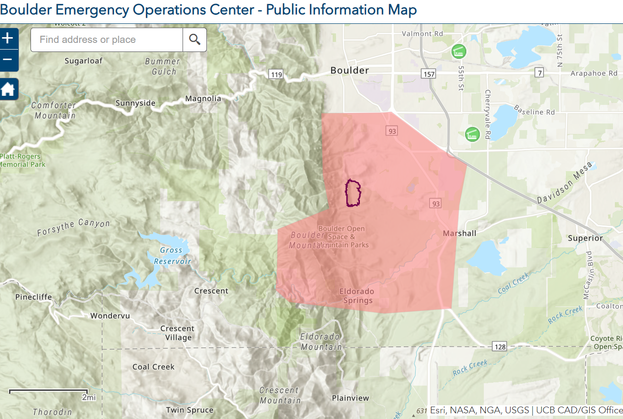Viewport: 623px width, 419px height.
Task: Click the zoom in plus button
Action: coord(8,39)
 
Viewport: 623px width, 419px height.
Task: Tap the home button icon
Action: coord(8,89)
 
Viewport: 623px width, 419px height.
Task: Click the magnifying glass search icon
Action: coord(194,40)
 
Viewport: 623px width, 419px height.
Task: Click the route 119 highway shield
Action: coord(276,74)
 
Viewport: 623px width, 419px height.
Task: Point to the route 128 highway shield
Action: coord(500,347)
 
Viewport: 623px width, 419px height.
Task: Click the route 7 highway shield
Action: coord(539,73)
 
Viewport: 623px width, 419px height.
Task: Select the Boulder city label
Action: coord(350,71)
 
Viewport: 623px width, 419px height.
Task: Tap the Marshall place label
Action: coord(460,233)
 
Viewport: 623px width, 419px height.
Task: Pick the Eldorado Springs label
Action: coord(357,296)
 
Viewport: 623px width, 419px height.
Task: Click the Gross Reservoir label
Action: coord(172,255)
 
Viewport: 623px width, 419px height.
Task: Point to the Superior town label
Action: coord(585,238)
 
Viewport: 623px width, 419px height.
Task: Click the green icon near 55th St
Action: coord(459,51)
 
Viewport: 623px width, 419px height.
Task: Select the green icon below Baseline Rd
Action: coord(472,134)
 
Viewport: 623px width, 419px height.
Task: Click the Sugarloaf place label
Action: coord(83,61)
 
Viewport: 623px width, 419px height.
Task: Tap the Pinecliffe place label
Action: coord(33,297)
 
